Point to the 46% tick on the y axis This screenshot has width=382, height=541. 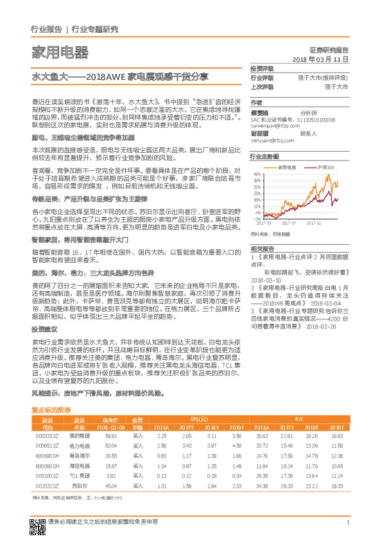(x=257, y=174)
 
